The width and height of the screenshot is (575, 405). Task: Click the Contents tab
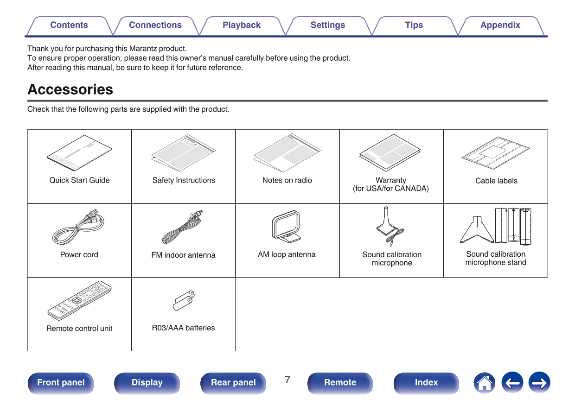69,25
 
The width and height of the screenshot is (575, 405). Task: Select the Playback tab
242,25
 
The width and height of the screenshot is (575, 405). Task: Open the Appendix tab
500,25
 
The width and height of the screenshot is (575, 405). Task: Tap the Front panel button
61,382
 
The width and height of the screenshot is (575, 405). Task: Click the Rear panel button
233,382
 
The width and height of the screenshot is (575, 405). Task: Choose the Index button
426,382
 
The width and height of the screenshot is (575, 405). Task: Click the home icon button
485,382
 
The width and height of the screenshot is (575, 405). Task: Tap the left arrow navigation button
512,382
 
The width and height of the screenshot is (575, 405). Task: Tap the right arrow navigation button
539,382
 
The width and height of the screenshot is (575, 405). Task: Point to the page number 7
287,380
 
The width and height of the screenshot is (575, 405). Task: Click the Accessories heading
70,89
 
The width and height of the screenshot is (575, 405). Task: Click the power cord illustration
78,227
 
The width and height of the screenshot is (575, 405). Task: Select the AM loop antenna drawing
286,227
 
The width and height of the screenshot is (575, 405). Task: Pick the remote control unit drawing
79,301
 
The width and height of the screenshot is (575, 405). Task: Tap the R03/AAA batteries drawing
184,300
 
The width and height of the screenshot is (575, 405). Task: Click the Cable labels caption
496,181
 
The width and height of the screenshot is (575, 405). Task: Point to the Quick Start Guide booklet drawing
79,153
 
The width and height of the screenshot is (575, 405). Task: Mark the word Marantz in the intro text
142,49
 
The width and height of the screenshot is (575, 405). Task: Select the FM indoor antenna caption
183,255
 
